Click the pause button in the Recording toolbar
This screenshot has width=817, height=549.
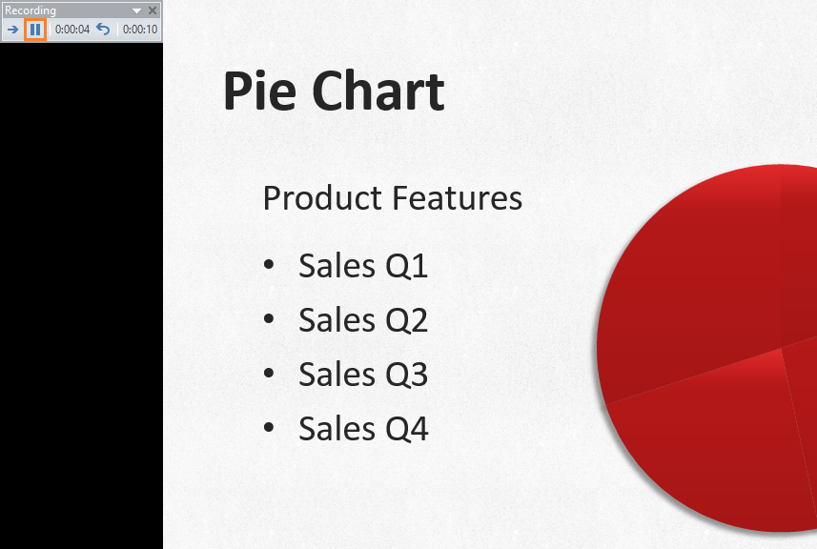tap(35, 30)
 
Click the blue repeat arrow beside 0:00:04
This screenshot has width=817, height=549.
tap(103, 30)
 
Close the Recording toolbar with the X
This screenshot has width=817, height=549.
tap(153, 10)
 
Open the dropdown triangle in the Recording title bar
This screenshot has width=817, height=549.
tap(137, 10)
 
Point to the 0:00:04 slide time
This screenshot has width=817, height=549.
tap(72, 30)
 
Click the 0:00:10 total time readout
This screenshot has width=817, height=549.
tap(139, 30)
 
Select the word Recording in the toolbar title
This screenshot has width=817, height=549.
tap(31, 10)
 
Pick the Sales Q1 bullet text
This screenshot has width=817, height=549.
tap(363, 266)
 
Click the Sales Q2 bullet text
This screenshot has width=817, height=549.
tap(363, 320)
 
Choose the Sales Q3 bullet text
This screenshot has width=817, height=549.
tap(363, 375)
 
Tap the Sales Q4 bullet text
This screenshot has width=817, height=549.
tap(363, 429)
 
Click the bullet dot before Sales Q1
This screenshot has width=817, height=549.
tap(270, 266)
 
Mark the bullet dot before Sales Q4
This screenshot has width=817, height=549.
tap(270, 429)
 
